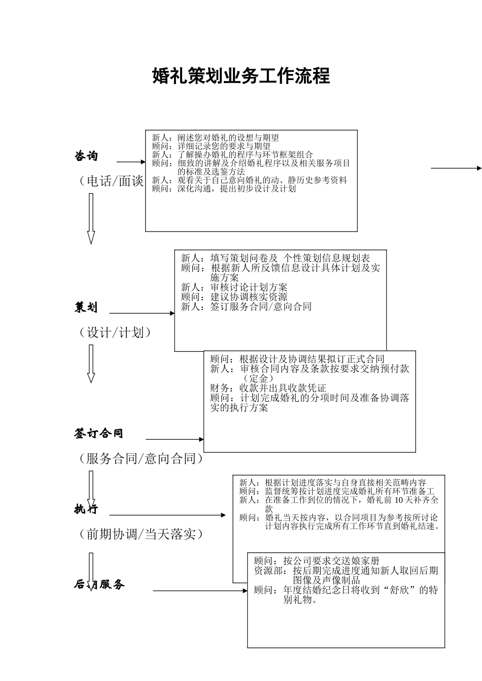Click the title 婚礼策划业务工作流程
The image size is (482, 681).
click(x=241, y=76)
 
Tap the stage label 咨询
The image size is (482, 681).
click(x=86, y=156)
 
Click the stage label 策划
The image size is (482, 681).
click(x=86, y=307)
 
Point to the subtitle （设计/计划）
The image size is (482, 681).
click(x=115, y=332)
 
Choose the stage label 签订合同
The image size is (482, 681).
click(x=99, y=433)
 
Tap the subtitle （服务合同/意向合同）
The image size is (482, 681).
click(x=141, y=459)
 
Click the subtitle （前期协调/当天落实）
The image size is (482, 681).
click(x=141, y=534)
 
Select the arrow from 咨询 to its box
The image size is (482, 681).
click(x=131, y=162)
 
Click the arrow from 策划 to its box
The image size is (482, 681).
click(x=142, y=313)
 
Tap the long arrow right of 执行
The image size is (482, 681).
click(x=168, y=515)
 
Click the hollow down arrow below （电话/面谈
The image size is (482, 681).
click(x=91, y=218)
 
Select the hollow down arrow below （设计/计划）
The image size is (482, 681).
click(x=91, y=363)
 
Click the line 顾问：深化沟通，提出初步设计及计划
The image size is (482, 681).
click(x=224, y=189)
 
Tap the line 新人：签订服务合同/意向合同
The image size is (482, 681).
click(x=246, y=307)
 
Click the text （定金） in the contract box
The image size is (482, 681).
click(x=258, y=379)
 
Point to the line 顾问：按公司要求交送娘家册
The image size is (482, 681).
click(x=317, y=561)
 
